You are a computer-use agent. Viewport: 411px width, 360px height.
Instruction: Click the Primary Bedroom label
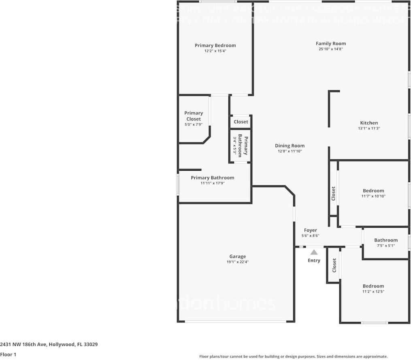[x=215, y=46]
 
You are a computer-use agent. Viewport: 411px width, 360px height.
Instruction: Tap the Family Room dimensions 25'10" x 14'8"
[x=331, y=49]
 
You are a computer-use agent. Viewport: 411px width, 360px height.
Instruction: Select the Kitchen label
[x=369, y=123]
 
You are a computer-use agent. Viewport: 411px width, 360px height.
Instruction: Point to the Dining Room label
[x=290, y=146]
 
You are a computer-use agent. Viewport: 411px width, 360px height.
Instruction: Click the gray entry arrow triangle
[x=314, y=252]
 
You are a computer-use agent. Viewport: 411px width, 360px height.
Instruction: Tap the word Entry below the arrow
[x=314, y=260]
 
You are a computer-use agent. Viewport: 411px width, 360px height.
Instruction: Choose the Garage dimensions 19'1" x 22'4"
[x=238, y=262]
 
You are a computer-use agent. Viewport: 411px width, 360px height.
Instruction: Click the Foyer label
[x=311, y=230]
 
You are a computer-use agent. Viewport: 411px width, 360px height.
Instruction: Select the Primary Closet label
[x=194, y=116]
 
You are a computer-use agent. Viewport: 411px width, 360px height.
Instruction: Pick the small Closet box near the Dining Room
[x=241, y=122]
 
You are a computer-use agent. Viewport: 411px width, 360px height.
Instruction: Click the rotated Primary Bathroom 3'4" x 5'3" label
[x=240, y=145]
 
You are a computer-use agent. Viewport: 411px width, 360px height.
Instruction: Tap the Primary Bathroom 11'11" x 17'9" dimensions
[x=212, y=183]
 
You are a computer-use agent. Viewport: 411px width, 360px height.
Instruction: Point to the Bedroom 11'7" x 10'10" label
[x=373, y=191]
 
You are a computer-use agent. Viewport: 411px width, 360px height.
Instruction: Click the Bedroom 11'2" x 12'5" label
[x=373, y=286]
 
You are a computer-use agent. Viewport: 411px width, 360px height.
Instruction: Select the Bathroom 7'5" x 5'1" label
[x=385, y=240]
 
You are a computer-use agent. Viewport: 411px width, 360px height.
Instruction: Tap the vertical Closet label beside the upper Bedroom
[x=333, y=193]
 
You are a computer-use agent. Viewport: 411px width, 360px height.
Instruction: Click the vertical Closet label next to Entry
[x=334, y=265]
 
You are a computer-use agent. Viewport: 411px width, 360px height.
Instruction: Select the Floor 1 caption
[x=8, y=355]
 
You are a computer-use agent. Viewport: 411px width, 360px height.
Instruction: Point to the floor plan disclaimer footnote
[x=293, y=356]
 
